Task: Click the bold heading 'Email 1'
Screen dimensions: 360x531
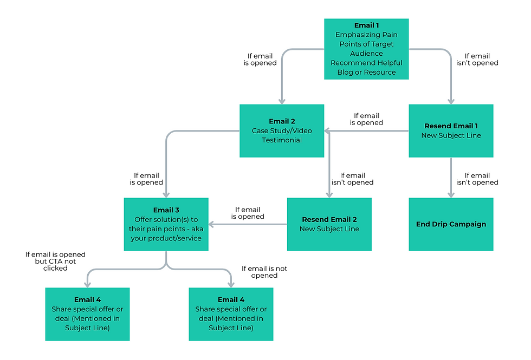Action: pyautogui.click(x=366, y=25)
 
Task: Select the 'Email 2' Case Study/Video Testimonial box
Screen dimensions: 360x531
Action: pyautogui.click(x=282, y=131)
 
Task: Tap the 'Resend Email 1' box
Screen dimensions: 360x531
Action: pyautogui.click(x=451, y=131)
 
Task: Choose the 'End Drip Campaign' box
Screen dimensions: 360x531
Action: pyautogui.click(x=451, y=224)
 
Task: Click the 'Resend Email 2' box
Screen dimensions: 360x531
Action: pyautogui.click(x=329, y=224)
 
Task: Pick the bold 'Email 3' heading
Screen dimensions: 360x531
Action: pyautogui.click(x=166, y=210)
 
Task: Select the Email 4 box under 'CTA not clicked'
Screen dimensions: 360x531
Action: pyautogui.click(x=87, y=314)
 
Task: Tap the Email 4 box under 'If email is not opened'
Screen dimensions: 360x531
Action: pyautogui.click(x=231, y=314)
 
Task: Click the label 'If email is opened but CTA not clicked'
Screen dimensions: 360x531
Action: pyautogui.click(x=55, y=261)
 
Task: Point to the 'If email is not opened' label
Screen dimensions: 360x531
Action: pyautogui.click(x=264, y=272)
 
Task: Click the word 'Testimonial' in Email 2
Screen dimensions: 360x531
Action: pyautogui.click(x=282, y=140)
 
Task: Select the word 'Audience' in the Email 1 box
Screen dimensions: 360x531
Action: pyautogui.click(x=366, y=54)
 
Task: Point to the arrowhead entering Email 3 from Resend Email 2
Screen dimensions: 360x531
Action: pyautogui.click(x=212, y=224)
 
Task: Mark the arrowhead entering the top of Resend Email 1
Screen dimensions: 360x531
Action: pyautogui.click(x=451, y=101)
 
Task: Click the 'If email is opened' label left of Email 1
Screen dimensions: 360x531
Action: pyautogui.click(x=260, y=59)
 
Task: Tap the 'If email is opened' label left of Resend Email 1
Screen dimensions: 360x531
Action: pyautogui.click(x=366, y=119)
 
